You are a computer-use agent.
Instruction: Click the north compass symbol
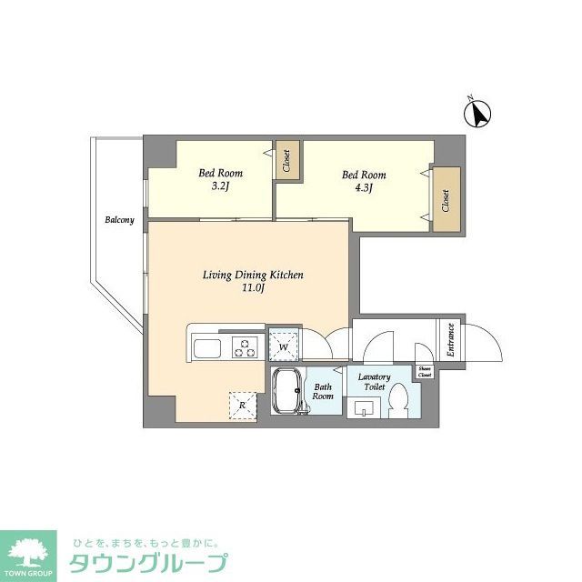click(x=478, y=114)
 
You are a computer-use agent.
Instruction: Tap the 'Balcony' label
click(x=119, y=220)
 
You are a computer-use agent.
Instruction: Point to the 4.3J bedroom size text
click(x=363, y=188)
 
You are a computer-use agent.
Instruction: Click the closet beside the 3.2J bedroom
click(x=286, y=162)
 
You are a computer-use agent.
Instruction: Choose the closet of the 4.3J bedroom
click(x=446, y=199)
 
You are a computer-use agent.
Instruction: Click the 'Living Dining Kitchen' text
click(x=253, y=275)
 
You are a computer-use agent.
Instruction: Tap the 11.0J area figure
click(x=253, y=288)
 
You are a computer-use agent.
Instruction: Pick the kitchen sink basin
click(x=206, y=347)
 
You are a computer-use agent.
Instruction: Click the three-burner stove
click(x=246, y=346)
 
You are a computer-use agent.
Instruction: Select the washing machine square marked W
click(x=284, y=346)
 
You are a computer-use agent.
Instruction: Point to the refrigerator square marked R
click(x=243, y=406)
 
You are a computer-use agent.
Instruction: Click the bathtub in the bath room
click(x=288, y=394)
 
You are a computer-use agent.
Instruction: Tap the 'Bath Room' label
click(x=324, y=392)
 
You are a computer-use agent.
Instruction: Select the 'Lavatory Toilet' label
click(x=374, y=382)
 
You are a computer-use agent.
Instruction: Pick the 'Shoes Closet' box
click(x=425, y=372)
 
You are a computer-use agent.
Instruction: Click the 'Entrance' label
click(x=449, y=339)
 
